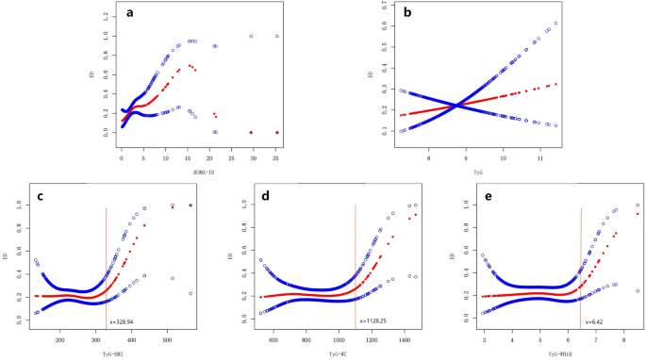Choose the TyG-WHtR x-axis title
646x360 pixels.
click(560, 351)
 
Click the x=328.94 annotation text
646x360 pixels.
click(125, 321)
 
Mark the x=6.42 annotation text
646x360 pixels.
click(594, 321)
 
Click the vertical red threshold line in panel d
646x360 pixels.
click(356, 264)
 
